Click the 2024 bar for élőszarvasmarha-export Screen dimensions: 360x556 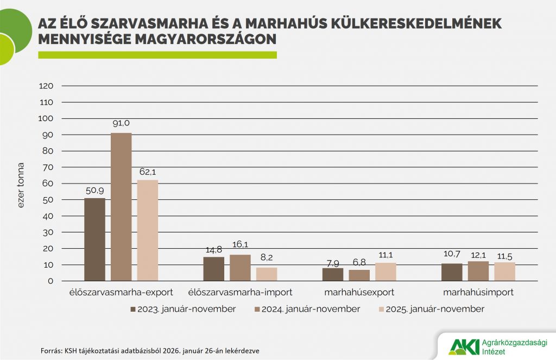tap(121, 207)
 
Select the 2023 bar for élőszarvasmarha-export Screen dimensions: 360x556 tap(94, 239)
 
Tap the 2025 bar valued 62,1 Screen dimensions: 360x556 tap(148, 230)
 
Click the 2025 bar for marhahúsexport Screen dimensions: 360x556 tap(386, 272)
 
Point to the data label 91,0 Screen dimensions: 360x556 tap(121, 123)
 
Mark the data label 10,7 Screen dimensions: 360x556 tap(452, 254)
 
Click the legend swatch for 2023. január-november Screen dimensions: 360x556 tap(132, 309)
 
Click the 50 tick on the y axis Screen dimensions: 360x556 tap(48, 200)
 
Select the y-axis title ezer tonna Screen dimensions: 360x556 tap(21, 185)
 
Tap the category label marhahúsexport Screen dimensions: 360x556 tap(359, 293)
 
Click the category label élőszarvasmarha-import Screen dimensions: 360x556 tap(240, 293)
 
